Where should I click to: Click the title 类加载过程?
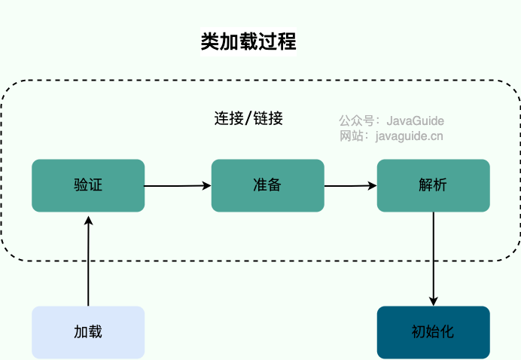click(248, 42)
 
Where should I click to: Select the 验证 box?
click(88, 185)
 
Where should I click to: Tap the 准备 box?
click(267, 185)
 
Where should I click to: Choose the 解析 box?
click(433, 185)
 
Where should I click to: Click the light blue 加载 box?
click(88, 331)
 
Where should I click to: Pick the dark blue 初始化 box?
click(433, 331)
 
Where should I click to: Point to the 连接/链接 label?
click(248, 118)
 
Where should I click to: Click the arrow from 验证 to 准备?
click(177, 185)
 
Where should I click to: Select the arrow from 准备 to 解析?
click(350, 185)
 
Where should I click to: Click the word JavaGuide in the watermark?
click(415, 121)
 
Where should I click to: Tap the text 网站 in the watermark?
click(350, 136)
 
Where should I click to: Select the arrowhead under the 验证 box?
click(88, 218)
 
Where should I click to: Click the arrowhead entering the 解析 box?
click(372, 185)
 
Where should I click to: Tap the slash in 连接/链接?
click(248, 119)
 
